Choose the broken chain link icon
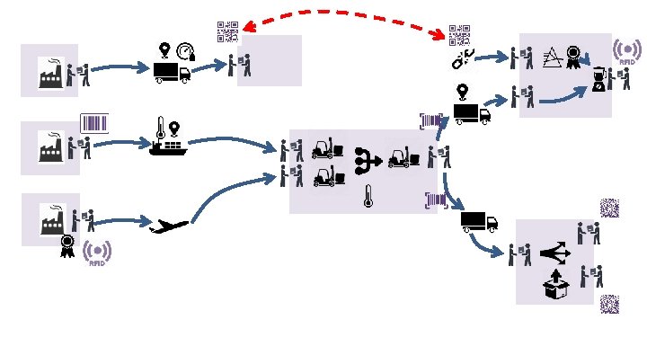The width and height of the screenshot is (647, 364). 461,59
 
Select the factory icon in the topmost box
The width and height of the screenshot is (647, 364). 49,73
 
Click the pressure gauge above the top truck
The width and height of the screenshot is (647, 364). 186,52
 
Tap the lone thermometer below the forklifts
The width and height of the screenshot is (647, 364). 368,196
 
